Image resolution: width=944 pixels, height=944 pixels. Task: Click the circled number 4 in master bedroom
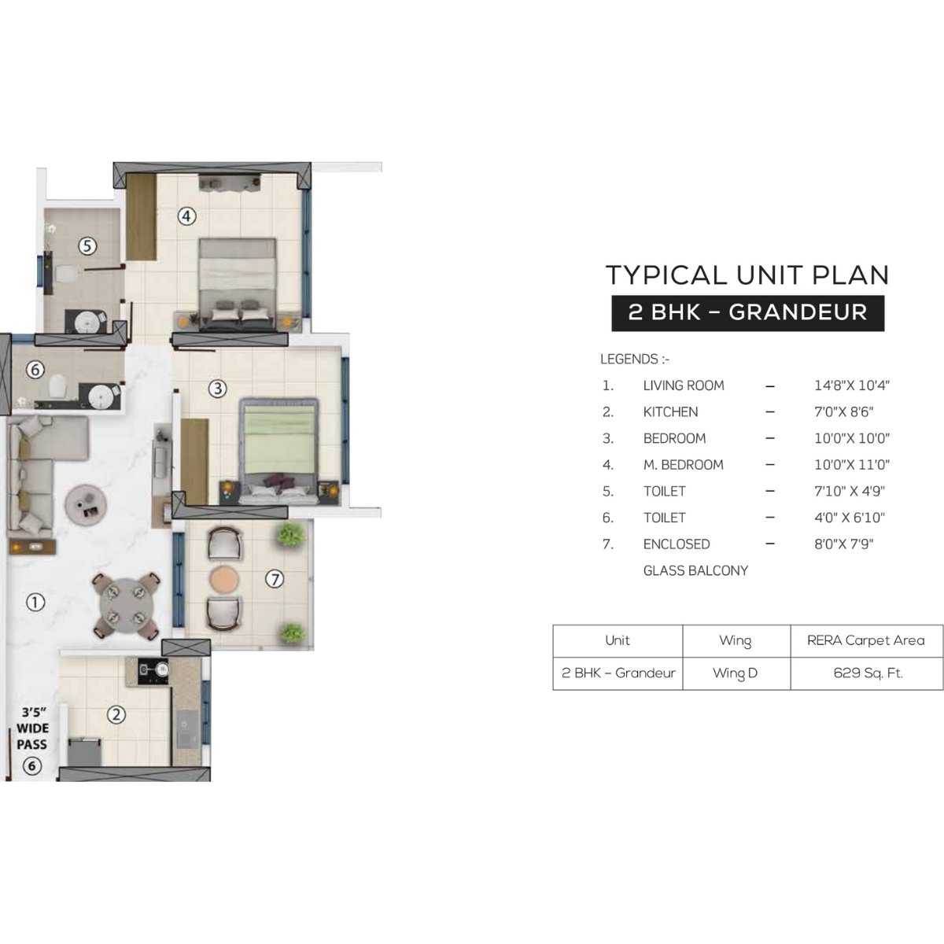click(186, 216)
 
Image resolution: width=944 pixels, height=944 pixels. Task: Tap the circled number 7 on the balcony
click(273, 580)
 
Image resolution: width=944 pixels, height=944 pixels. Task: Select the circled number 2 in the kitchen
click(116, 715)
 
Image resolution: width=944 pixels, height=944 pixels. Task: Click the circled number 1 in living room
click(35, 603)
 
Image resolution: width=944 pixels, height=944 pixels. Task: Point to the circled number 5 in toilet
click(87, 246)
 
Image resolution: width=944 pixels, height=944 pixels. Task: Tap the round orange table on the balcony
click(223, 578)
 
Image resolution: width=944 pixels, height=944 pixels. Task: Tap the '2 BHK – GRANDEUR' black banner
click(747, 312)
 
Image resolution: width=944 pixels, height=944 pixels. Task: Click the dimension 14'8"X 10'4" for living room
click(852, 385)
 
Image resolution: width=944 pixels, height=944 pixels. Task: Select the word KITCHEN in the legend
click(670, 411)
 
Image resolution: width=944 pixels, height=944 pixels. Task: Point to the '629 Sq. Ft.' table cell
click(868, 673)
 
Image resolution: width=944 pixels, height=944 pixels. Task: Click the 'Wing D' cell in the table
click(736, 673)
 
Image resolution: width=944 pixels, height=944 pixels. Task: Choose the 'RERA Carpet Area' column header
click(865, 640)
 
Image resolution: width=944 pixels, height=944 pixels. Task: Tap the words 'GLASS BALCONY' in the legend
click(695, 570)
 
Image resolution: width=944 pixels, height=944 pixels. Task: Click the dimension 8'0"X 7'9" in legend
click(844, 544)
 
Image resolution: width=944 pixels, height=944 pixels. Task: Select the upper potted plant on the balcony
click(291, 535)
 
